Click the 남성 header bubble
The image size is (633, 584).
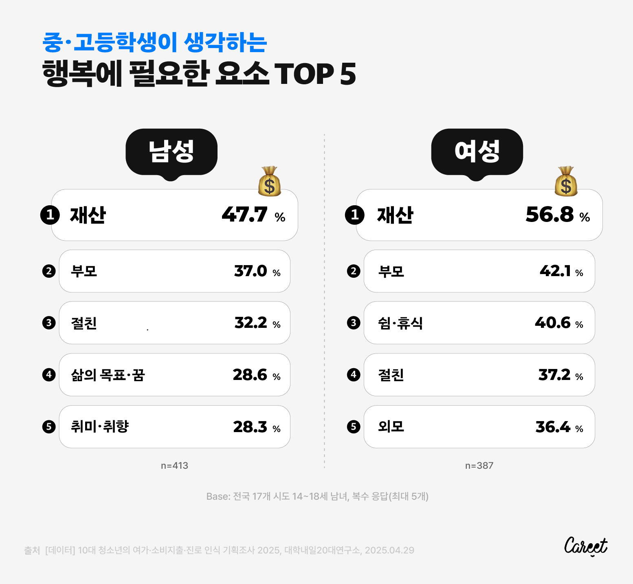click(x=171, y=152)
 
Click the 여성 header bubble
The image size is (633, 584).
click(x=477, y=152)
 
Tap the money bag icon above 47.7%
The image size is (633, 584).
click(x=270, y=181)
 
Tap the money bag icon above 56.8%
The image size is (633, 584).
click(x=566, y=181)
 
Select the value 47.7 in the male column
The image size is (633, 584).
click(x=244, y=214)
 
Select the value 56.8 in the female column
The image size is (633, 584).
click(x=549, y=214)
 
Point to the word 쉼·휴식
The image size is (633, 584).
click(x=400, y=323)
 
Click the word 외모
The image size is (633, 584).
click(x=391, y=426)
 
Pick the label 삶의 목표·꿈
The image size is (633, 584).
click(x=108, y=375)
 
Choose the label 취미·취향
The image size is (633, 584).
click(x=100, y=426)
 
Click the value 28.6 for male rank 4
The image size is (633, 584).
click(x=250, y=375)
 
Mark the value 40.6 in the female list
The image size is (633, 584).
click(x=553, y=323)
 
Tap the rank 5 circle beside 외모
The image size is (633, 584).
click(x=354, y=427)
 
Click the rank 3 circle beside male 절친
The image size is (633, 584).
click(x=49, y=323)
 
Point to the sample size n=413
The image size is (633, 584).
click(x=174, y=465)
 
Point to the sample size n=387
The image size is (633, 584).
click(x=479, y=465)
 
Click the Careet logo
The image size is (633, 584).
click(x=586, y=546)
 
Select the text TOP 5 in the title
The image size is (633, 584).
click(x=316, y=74)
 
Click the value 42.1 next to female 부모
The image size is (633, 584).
click(x=555, y=271)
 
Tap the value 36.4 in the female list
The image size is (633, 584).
click(x=553, y=427)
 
